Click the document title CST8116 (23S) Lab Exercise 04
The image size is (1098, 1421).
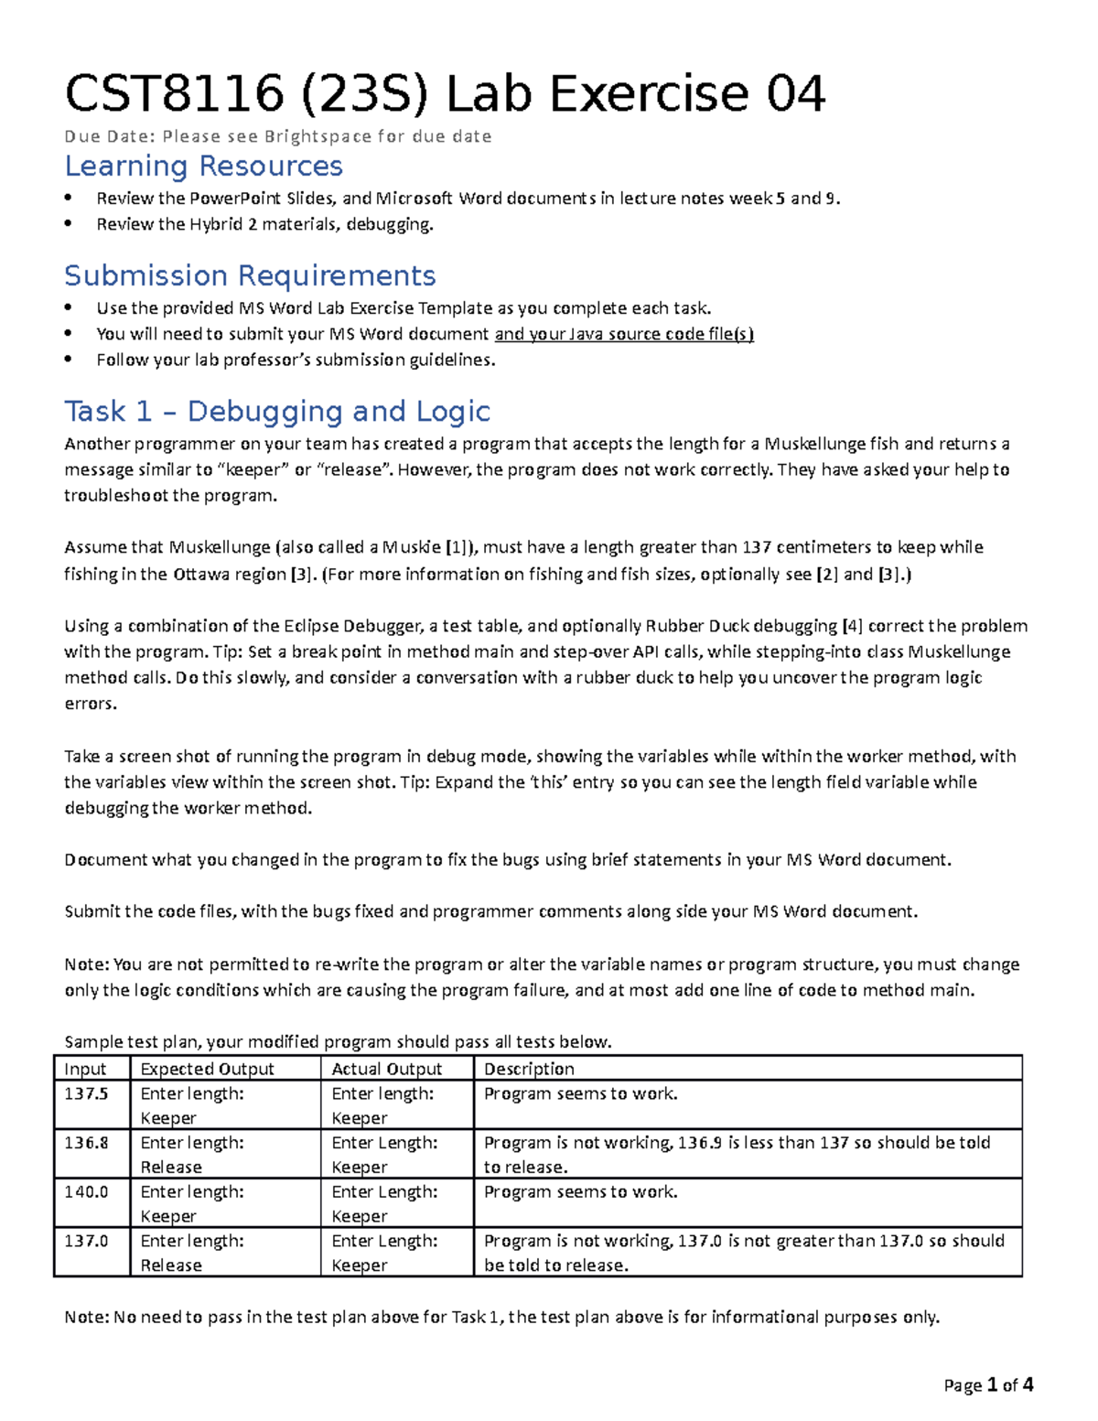445,93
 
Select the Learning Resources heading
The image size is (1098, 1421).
203,166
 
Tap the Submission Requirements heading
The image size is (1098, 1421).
250,275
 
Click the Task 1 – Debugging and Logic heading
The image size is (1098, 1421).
277,411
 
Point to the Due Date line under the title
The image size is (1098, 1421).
277,136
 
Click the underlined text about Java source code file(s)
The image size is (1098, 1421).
624,334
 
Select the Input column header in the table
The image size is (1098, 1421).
85,1069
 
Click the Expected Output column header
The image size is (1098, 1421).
207,1069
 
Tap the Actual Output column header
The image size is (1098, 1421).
386,1069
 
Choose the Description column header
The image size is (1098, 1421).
529,1069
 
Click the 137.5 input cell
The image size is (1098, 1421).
86,1093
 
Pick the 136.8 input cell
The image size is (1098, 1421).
86,1143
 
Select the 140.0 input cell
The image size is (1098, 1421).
86,1192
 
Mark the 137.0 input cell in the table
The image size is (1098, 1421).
86,1242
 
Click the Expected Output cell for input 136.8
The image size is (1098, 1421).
192,1155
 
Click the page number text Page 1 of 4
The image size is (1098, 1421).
988,1385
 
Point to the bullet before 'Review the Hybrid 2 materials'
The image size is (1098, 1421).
69,224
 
